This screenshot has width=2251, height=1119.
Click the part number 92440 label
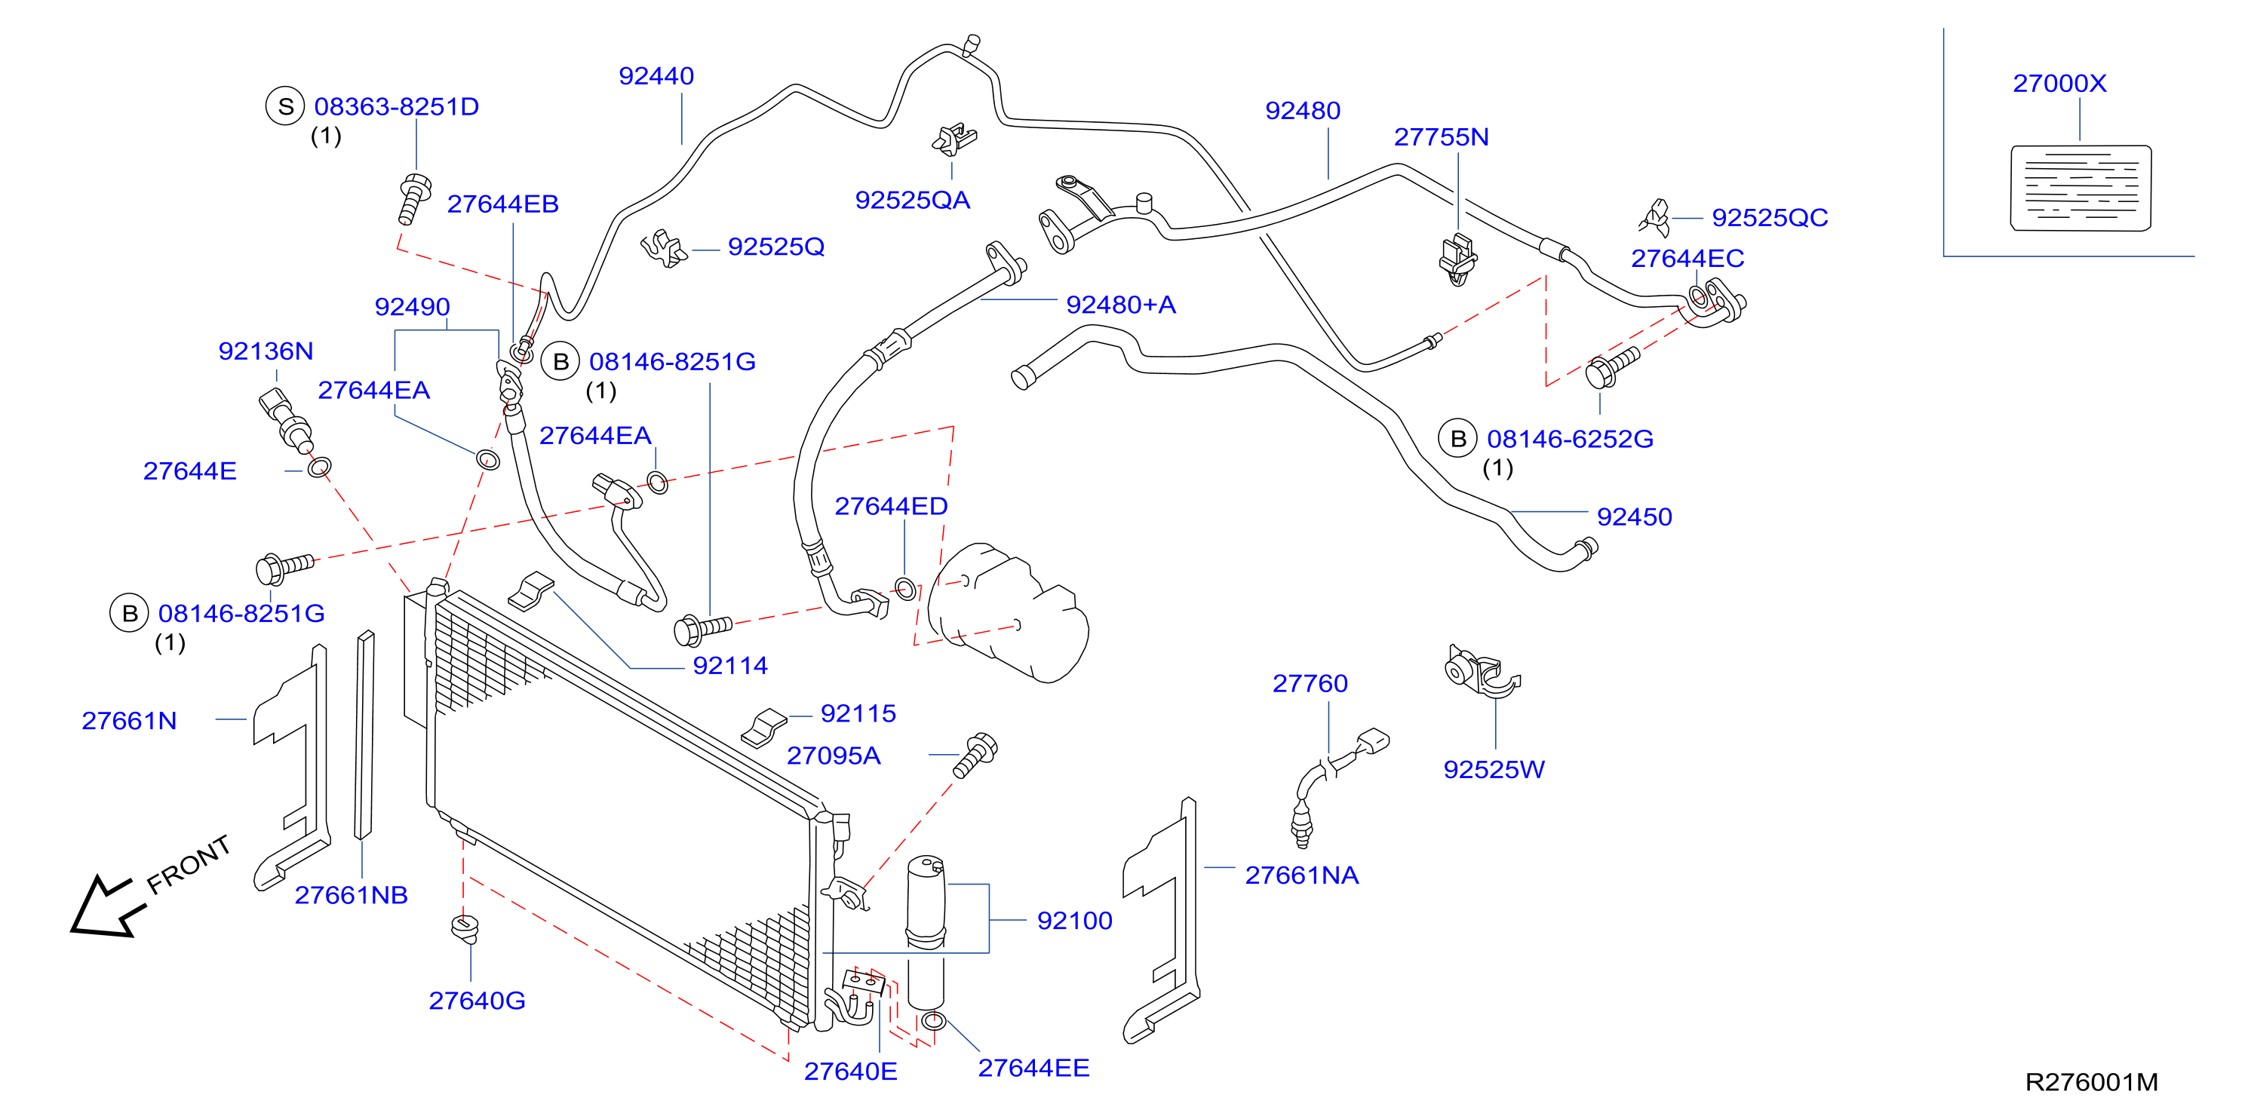(656, 76)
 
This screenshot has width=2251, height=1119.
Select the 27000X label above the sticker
(2059, 84)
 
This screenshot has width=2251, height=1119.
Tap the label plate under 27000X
(2081, 188)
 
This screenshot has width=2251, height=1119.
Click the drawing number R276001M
(2091, 1082)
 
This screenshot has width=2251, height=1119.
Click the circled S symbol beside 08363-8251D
(285, 106)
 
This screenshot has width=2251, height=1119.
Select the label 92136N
(266, 351)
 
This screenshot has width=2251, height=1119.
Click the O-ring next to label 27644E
(320, 468)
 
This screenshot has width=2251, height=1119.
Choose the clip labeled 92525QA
(954, 139)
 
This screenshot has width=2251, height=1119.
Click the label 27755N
(1441, 137)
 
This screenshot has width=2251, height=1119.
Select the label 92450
(1634, 517)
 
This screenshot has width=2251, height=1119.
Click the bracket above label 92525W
(1480, 673)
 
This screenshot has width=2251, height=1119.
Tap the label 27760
(1310, 683)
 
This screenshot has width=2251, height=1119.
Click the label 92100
(1074, 921)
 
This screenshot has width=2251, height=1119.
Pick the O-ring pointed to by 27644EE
(934, 1020)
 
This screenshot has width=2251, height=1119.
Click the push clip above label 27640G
(467, 927)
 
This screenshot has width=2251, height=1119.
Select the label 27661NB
(352, 895)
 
